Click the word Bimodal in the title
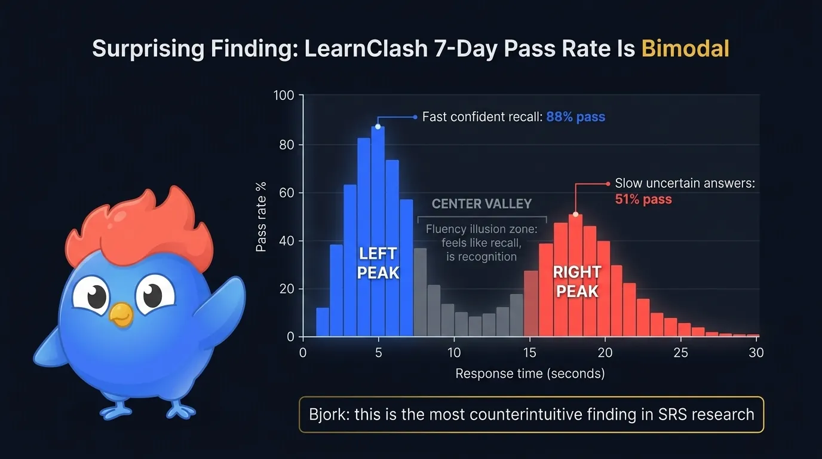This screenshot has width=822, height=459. (x=685, y=48)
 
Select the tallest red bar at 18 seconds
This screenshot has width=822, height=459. (x=575, y=275)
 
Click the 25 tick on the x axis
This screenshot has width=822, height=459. (x=680, y=353)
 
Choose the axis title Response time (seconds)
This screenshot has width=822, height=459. (x=530, y=374)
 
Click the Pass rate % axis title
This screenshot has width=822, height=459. (x=261, y=216)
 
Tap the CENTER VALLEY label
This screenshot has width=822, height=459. (x=481, y=204)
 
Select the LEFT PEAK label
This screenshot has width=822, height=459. (x=378, y=263)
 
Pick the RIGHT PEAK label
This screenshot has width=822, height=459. (x=576, y=281)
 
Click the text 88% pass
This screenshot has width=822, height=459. (x=575, y=117)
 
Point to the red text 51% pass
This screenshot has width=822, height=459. (x=643, y=199)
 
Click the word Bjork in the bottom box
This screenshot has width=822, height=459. (x=328, y=414)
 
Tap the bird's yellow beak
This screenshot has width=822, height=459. (x=122, y=314)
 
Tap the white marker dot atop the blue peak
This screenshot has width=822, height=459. (x=378, y=126)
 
